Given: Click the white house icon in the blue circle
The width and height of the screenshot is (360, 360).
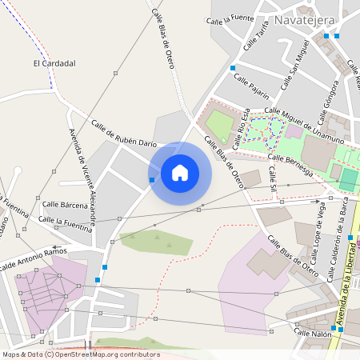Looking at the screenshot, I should click(x=180, y=173).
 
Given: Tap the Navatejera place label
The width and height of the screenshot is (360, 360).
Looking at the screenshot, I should click(x=305, y=19).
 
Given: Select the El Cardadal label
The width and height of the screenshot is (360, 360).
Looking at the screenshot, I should click(x=54, y=62).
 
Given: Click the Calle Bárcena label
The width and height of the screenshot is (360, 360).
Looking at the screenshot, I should click(x=65, y=205).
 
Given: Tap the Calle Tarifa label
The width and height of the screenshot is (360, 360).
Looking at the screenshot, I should click(x=258, y=36).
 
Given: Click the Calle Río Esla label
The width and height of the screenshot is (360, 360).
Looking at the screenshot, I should click(x=242, y=128).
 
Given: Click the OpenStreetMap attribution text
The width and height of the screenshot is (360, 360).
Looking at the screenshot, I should click(x=80, y=354).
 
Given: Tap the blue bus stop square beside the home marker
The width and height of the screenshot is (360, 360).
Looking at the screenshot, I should click(x=152, y=180).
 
